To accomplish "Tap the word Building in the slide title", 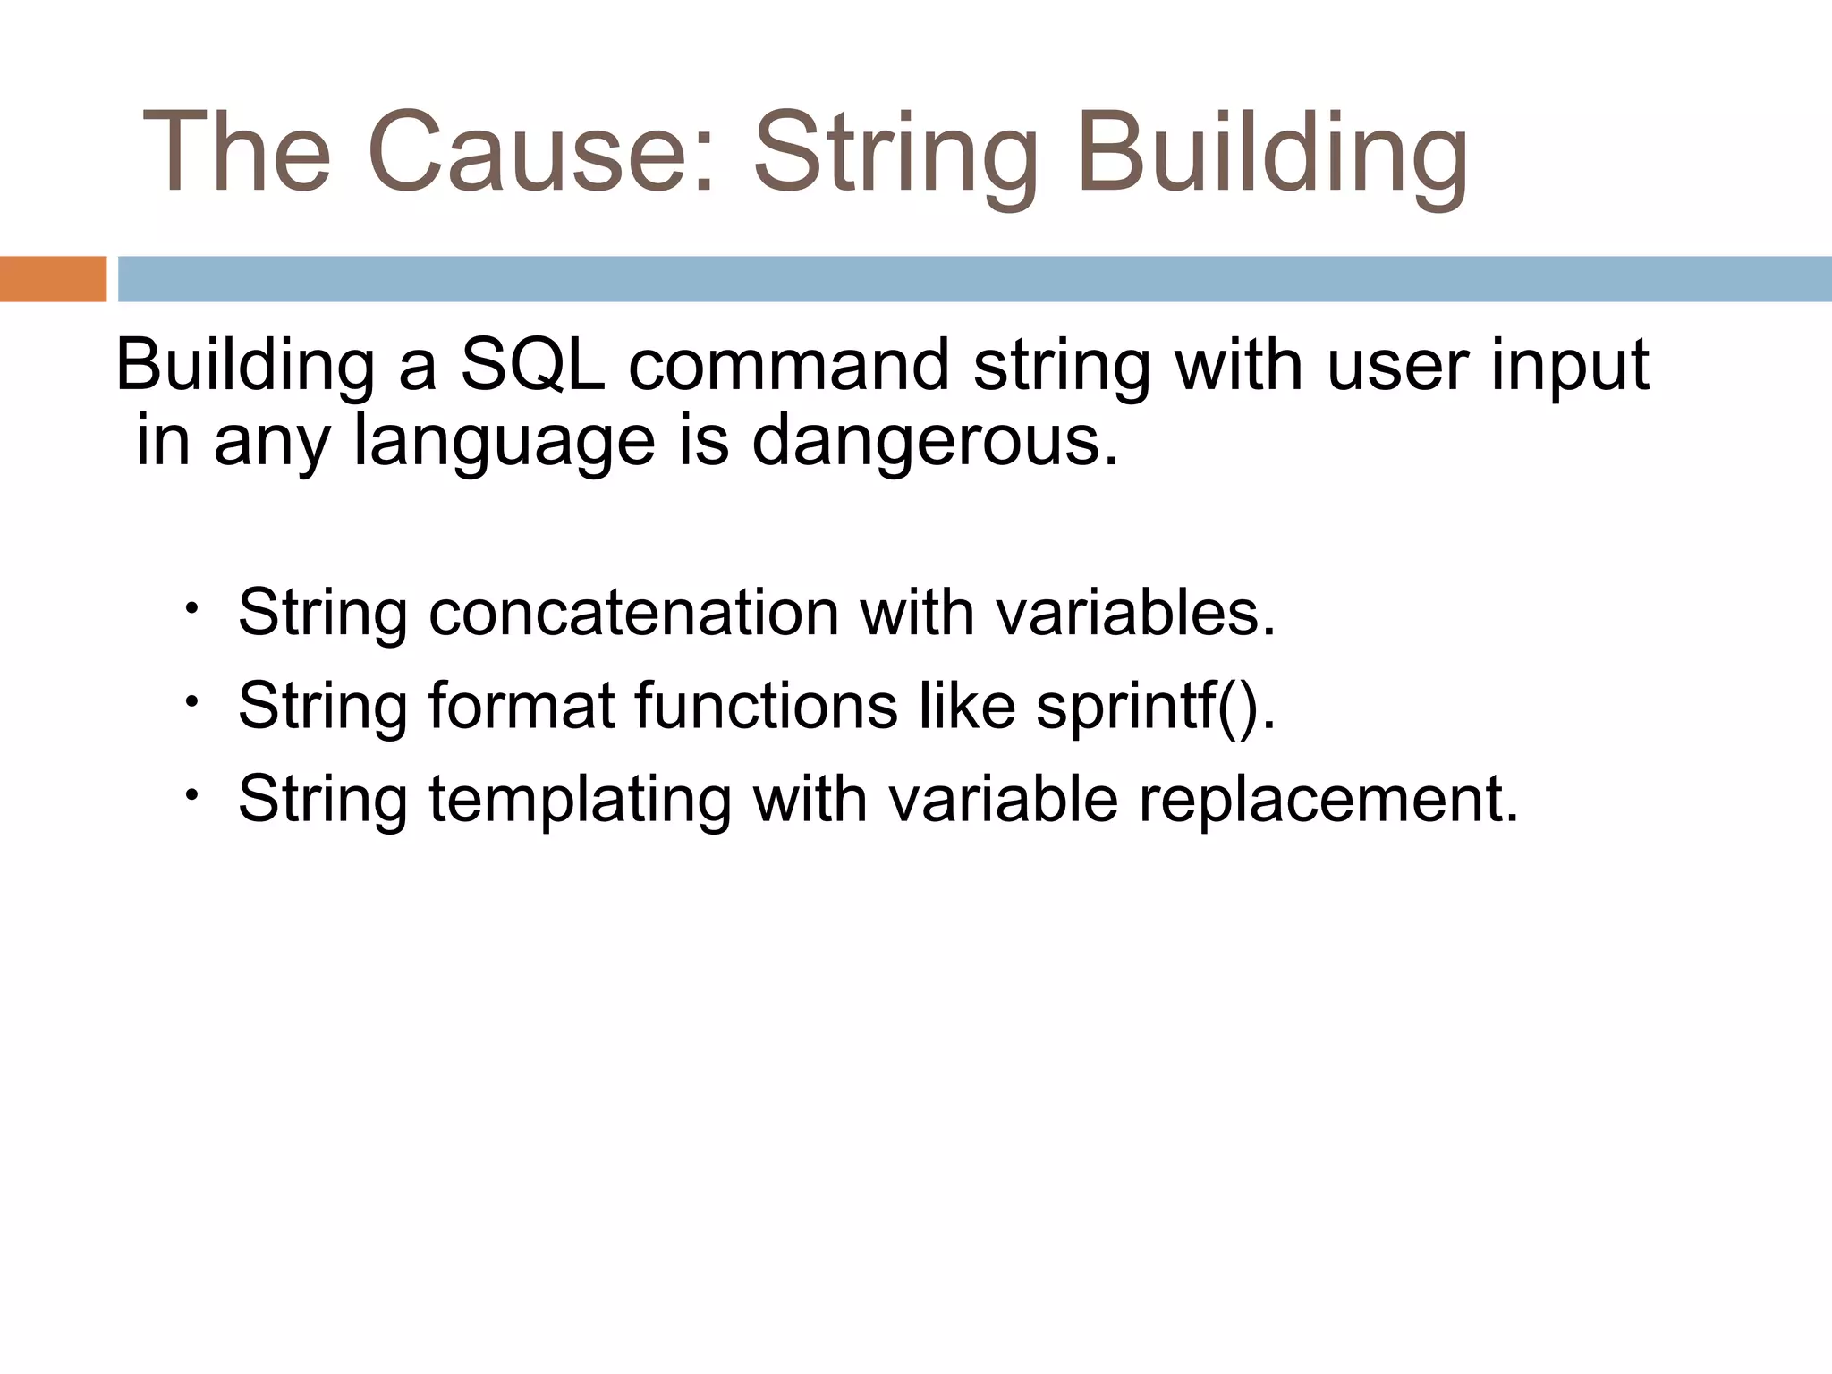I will (1271, 152).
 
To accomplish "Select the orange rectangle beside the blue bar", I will (53, 279).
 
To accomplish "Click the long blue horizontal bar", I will (973, 279).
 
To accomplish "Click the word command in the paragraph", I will (788, 365).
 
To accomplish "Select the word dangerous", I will (934, 440).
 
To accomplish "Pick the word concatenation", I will (633, 613).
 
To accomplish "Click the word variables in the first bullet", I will (1135, 613).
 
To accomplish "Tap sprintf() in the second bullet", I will (1155, 707).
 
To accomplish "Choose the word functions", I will (766, 705).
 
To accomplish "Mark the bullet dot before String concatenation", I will (191, 609).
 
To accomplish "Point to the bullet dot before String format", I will (191, 701).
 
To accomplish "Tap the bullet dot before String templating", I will (191, 794).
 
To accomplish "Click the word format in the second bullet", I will (521, 705).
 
